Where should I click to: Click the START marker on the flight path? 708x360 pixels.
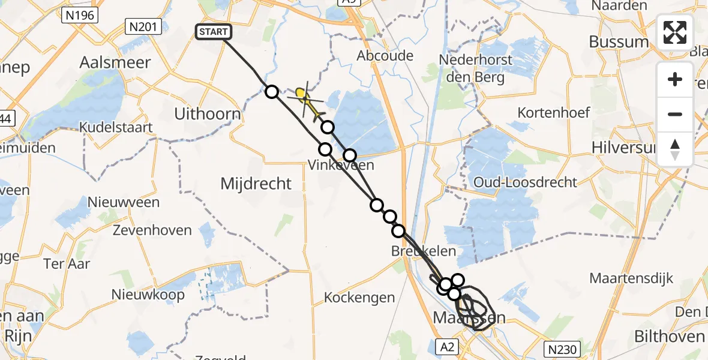click(213, 32)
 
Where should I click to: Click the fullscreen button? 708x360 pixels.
click(675, 32)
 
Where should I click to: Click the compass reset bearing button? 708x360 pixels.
click(675, 149)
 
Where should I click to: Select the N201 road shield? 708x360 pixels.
click(140, 26)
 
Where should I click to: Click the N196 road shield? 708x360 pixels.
click(79, 15)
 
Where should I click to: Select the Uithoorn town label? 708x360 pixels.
click(207, 114)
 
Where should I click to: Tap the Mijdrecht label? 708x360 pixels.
click(256, 184)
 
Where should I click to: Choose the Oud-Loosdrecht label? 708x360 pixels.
click(525, 182)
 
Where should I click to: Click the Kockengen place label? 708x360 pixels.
click(359, 297)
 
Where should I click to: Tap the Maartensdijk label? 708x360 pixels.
click(631, 278)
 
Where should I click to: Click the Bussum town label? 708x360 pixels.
click(619, 41)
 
